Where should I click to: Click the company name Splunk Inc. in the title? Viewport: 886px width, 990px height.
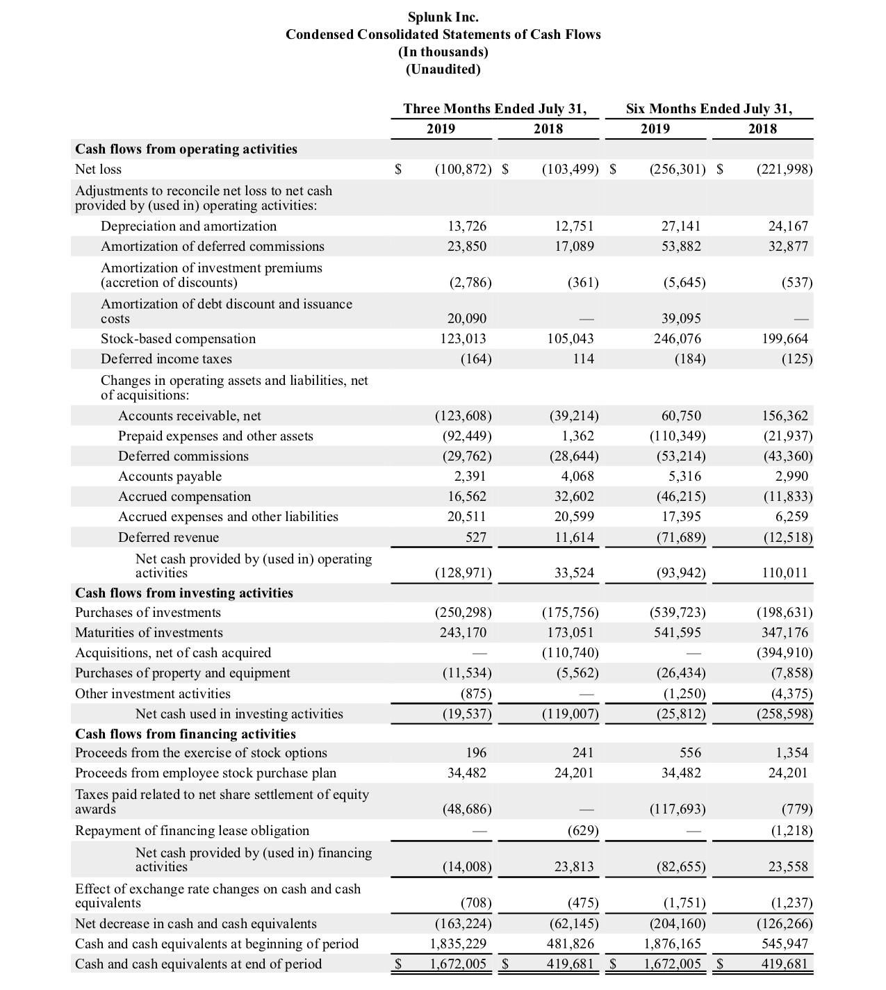[443, 17]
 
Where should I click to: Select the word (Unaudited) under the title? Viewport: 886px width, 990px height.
[443, 69]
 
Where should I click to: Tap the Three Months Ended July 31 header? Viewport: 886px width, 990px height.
[495, 108]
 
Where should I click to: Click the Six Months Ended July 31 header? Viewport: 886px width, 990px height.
[708, 108]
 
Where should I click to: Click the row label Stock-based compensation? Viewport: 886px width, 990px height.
[178, 338]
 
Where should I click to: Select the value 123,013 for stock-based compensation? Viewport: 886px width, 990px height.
[466, 338]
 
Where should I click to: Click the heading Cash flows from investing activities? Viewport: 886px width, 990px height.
[183, 593]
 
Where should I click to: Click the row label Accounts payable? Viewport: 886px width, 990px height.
[170, 476]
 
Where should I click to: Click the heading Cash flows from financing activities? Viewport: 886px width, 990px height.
[185, 734]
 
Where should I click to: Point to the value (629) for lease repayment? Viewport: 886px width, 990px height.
[583, 830]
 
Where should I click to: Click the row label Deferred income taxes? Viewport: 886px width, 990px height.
[166, 358]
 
